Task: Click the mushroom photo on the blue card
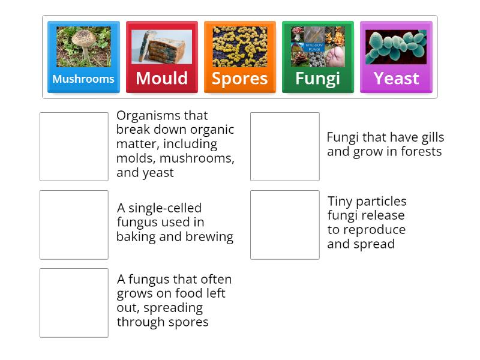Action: click(83, 46)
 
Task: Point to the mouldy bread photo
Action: click(161, 47)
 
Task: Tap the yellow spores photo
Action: click(239, 46)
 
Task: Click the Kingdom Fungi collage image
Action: click(317, 46)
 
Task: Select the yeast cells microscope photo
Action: click(396, 47)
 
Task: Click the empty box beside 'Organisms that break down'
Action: click(74, 146)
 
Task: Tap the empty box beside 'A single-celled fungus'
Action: click(74, 224)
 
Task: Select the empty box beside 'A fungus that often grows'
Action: click(74, 302)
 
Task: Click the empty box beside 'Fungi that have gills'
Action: click(284, 146)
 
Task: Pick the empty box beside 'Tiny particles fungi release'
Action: click(284, 224)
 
